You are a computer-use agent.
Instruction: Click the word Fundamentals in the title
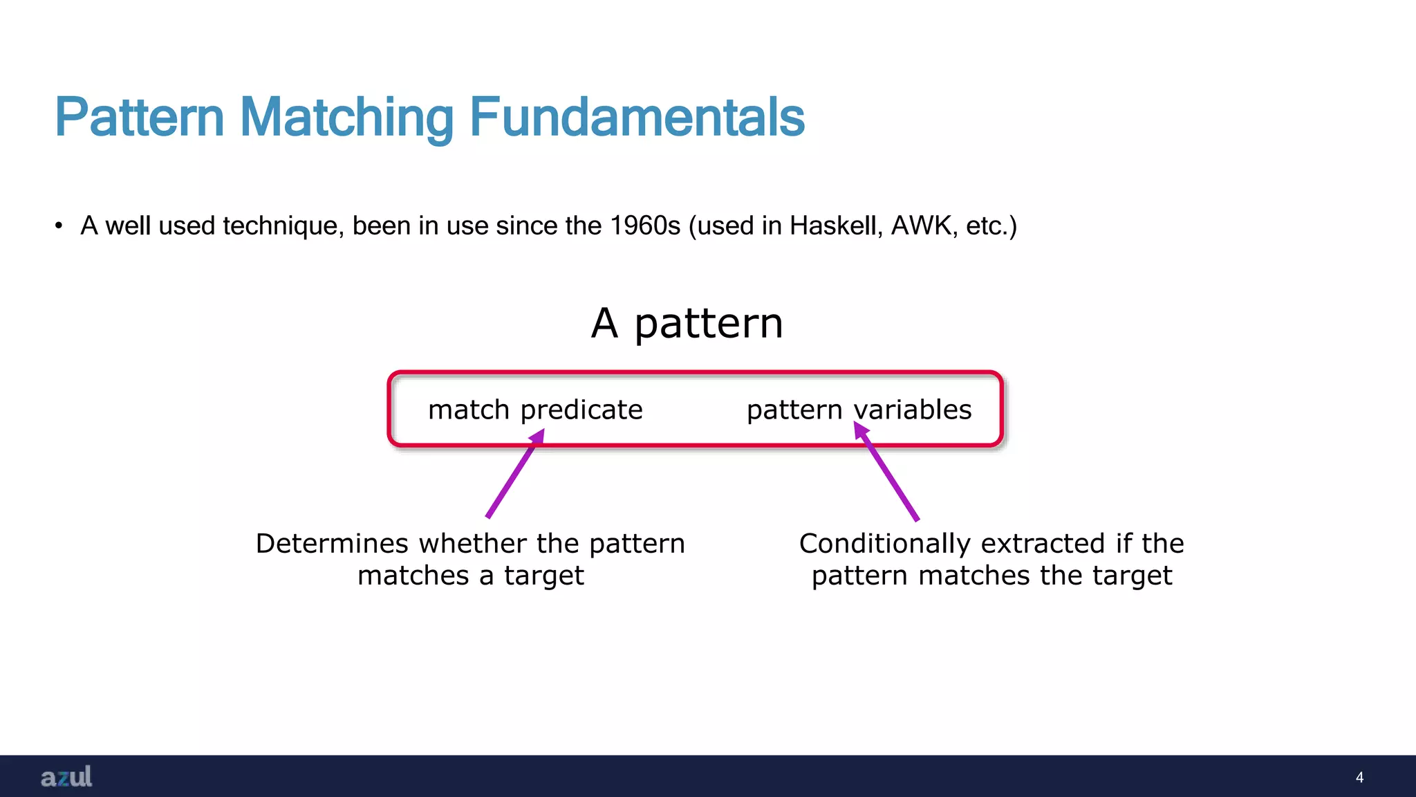(x=637, y=118)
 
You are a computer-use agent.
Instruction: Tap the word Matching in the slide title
(x=346, y=118)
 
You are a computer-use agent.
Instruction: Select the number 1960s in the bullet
(x=645, y=226)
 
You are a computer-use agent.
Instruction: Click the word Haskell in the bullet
(x=836, y=226)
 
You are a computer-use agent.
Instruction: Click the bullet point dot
(x=59, y=226)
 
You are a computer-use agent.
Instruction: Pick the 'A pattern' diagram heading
(x=687, y=323)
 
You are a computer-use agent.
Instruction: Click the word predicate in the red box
(x=581, y=410)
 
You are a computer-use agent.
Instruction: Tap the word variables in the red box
(x=913, y=410)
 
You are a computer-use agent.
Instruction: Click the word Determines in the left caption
(x=333, y=544)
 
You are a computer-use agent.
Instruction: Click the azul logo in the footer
(x=66, y=777)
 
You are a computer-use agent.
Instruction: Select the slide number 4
(x=1359, y=777)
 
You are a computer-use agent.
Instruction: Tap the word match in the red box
(x=469, y=410)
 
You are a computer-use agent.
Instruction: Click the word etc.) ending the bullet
(x=991, y=226)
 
